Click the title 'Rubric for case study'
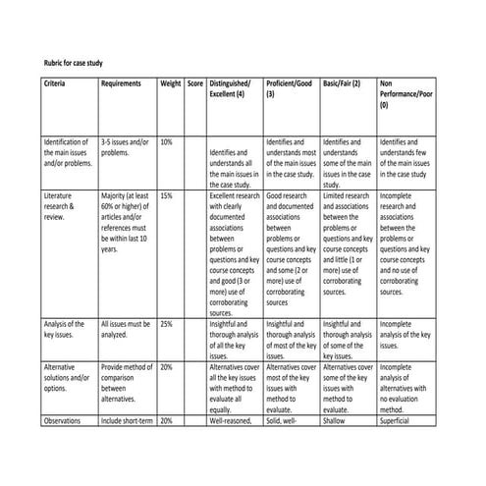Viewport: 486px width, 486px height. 75,62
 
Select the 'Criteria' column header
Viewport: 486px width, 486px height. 57,85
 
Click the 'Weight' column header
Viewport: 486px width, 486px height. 171,85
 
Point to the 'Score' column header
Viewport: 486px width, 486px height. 196,85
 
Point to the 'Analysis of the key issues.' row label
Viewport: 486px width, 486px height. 67,329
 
